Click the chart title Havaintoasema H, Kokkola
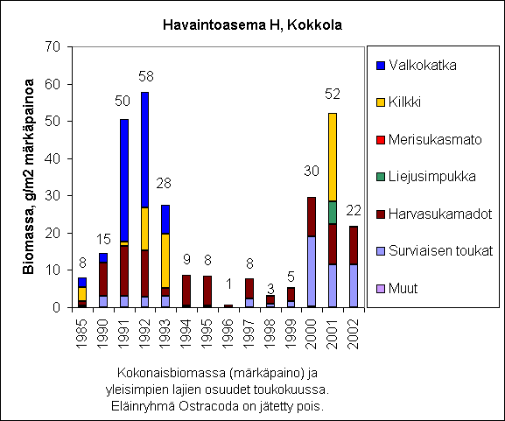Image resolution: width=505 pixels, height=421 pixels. [x=252, y=25]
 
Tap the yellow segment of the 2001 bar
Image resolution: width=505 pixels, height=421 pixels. [x=333, y=158]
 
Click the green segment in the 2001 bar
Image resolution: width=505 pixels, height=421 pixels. [x=333, y=213]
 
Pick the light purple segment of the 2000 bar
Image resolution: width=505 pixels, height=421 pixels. [x=312, y=271]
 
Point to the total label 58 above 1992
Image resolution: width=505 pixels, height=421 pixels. [x=146, y=76]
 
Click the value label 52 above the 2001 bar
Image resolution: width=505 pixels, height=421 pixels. [x=333, y=94]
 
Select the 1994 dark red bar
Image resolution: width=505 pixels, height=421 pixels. [x=186, y=290]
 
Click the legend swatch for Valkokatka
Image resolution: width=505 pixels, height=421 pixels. [x=381, y=66]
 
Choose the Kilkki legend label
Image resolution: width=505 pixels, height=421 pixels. [x=404, y=102]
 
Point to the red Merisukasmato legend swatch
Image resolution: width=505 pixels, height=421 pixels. [x=381, y=140]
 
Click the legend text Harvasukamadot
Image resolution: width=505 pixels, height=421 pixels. [x=440, y=214]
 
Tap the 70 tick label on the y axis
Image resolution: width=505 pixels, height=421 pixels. [x=53, y=47]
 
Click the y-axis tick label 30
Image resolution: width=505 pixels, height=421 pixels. [x=53, y=196]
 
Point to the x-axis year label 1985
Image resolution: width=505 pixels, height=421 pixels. [x=82, y=334]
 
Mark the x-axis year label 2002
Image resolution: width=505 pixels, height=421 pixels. [x=354, y=334]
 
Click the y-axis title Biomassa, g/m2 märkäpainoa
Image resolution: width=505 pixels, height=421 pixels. [x=28, y=177]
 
